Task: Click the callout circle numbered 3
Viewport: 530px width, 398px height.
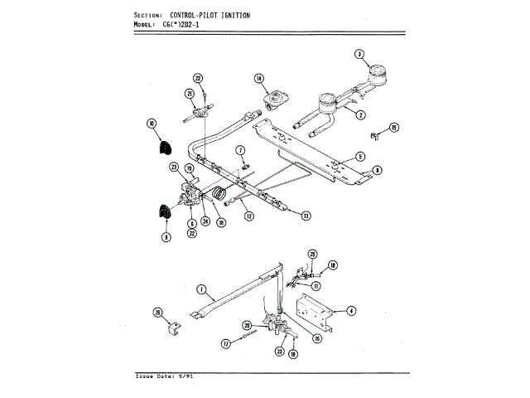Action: point(359,55)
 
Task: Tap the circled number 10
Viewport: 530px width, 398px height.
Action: point(152,124)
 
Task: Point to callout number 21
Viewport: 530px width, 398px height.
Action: point(190,93)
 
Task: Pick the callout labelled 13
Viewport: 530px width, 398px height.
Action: point(306,216)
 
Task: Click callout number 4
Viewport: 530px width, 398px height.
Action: point(352,311)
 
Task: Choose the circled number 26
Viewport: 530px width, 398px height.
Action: point(157,313)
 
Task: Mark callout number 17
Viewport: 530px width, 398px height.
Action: point(224,344)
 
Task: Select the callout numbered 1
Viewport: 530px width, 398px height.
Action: point(200,289)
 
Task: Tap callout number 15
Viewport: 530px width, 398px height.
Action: point(394,127)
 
